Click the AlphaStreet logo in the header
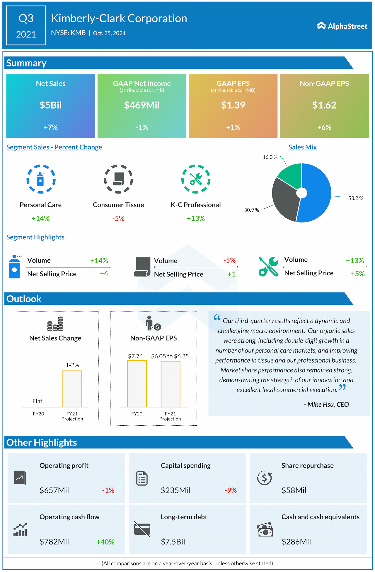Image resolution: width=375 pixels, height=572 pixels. coord(342,26)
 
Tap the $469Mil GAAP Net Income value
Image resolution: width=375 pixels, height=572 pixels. coord(142,105)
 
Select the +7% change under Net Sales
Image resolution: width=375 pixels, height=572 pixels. coord(51,127)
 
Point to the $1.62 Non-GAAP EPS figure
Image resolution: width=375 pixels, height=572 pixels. coord(324,105)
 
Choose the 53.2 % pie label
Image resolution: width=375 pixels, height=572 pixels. coord(355,198)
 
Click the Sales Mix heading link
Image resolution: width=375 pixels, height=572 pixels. coord(302,147)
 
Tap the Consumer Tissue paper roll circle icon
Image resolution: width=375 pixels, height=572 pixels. coord(118,179)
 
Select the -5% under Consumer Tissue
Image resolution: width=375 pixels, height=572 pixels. coord(118,218)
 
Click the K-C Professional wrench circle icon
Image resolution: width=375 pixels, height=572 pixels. coord(196,179)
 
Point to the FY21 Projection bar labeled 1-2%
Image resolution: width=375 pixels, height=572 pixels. coord(72,389)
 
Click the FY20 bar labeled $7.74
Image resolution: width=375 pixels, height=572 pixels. coord(137,383)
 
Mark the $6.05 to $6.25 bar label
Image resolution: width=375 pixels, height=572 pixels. coord(170,356)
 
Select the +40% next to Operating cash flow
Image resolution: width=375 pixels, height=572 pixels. coord(105,542)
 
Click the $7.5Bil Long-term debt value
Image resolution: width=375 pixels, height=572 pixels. coord(173,542)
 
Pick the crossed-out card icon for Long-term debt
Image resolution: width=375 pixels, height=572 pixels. coord(142,529)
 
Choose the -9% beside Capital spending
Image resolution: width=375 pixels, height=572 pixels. coord(231,490)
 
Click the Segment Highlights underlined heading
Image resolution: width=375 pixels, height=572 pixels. coord(35,237)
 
